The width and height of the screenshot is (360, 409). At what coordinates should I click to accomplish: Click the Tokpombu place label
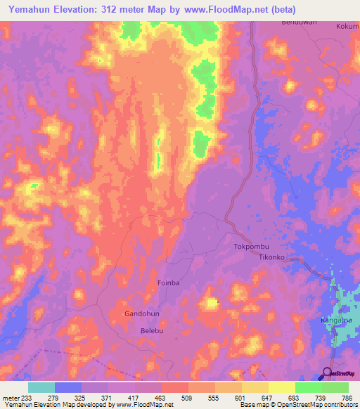251,247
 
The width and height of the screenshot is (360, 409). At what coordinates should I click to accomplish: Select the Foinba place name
168,283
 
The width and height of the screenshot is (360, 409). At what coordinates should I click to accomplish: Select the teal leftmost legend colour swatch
41,387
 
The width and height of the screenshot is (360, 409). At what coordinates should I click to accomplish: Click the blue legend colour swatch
68,387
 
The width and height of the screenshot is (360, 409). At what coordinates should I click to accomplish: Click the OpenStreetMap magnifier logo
328,373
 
